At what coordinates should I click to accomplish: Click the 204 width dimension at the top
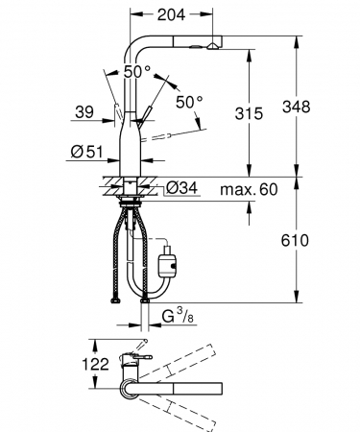pos(171,14)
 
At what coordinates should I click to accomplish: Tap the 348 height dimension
pos(296,107)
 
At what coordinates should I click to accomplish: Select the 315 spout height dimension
pos(249,113)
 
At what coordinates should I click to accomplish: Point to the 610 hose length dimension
pos(295,240)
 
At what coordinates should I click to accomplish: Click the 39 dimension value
pos(84,112)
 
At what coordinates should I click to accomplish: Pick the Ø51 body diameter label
pos(87,152)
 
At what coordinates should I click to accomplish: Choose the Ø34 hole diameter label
pos(182,188)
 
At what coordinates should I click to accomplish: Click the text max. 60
pos(249,189)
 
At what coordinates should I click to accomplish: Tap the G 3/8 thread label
pos(178,316)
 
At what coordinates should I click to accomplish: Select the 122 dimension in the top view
pos(96,364)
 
